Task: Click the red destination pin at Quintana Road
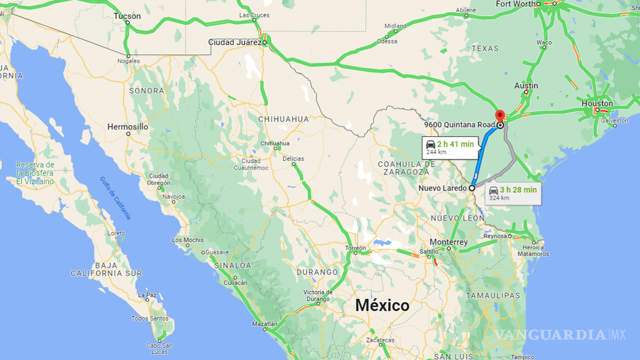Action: point(499,115)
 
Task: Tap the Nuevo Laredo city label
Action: point(443,188)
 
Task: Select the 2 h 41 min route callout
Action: point(449,147)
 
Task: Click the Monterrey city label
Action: point(449,243)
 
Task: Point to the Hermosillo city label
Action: point(128,127)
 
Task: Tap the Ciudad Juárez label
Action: point(234,42)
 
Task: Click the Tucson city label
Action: point(127,16)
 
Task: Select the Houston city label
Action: point(597,103)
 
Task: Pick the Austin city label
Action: point(526,86)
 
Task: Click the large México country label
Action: point(382,306)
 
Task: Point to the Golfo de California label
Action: point(116,197)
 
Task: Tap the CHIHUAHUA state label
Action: point(283,119)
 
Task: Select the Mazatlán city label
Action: point(264,323)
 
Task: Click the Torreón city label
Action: point(356,248)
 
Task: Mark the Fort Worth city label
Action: point(514,4)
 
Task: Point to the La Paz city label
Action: point(147,295)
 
